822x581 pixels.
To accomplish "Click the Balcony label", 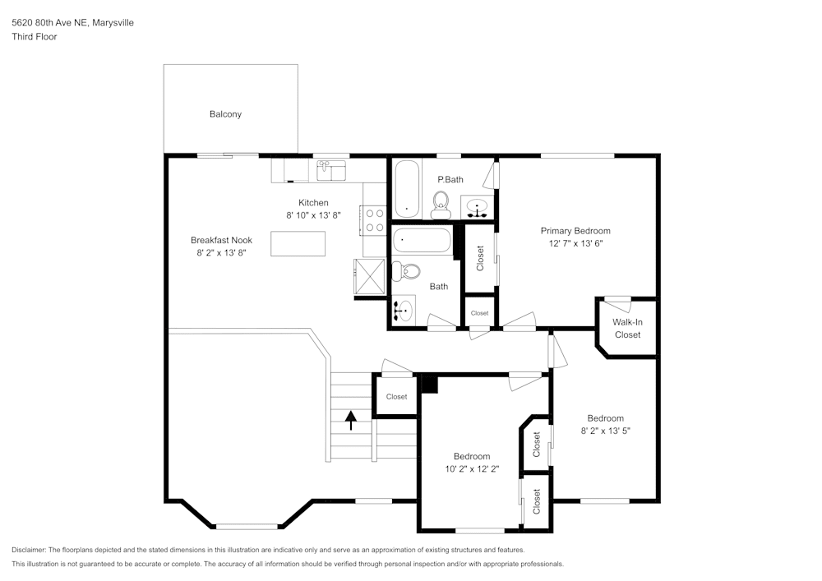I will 225,114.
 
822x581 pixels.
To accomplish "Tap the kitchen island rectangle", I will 298,243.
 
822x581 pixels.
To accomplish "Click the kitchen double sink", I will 331,171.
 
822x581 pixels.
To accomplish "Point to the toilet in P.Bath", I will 441,204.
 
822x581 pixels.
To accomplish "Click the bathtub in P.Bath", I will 407,190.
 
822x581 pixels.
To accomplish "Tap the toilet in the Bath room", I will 407,270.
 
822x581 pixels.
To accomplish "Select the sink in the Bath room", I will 404,311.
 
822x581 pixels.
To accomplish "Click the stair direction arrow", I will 351,420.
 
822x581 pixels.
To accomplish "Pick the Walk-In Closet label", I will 627,328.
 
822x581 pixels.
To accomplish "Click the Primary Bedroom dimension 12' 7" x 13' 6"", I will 575,244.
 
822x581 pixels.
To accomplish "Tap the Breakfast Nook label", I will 221,240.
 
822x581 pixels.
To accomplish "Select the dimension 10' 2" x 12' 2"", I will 472,469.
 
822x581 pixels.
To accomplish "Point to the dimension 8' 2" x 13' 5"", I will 606,431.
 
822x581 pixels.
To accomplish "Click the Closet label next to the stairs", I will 396,397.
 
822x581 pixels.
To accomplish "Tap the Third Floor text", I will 35,37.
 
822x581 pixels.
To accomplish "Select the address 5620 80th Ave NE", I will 49,23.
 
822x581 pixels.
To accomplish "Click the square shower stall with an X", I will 369,275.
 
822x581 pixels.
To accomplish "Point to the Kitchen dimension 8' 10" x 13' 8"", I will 313,215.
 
